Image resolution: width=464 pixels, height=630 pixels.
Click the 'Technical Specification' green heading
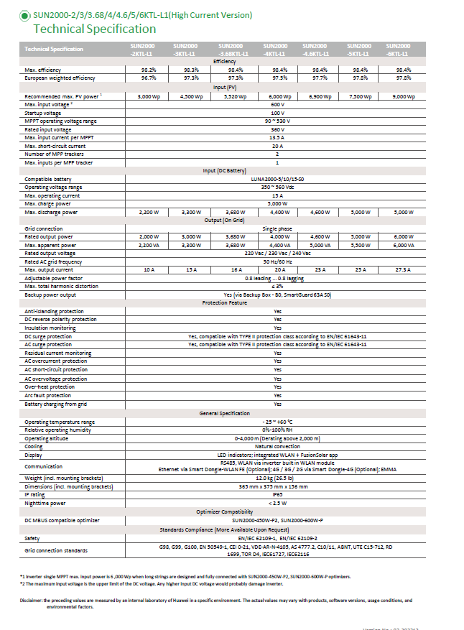(x=95, y=29)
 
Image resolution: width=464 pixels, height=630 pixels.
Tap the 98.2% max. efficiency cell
(x=149, y=70)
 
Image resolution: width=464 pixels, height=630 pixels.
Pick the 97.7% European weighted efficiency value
(x=319, y=78)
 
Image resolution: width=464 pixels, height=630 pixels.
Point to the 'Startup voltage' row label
(x=44, y=113)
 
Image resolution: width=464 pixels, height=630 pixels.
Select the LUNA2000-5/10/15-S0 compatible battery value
(x=277, y=179)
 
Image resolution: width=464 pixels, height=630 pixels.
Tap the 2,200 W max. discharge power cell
(x=149, y=213)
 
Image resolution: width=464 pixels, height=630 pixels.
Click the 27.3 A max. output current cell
(x=404, y=269)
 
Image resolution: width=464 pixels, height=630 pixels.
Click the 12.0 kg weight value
(x=277, y=478)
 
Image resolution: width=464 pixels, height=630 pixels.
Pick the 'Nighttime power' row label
(x=45, y=503)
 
